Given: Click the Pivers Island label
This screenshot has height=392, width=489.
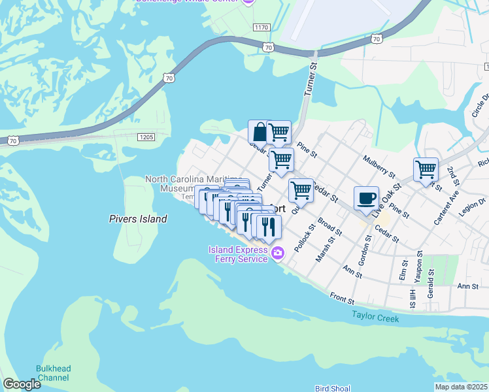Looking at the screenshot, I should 138,220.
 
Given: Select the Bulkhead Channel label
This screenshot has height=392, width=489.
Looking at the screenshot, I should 53,373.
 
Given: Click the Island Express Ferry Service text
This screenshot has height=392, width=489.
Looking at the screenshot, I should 238,254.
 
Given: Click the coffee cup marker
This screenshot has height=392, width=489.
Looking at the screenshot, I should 366,197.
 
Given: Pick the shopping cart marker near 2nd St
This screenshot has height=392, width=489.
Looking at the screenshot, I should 426,169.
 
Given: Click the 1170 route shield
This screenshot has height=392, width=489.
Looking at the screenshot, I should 262,27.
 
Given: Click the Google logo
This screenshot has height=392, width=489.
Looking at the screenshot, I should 22,384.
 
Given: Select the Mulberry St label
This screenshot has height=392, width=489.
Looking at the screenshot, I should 379,167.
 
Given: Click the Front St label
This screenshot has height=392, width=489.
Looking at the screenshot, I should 342,299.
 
